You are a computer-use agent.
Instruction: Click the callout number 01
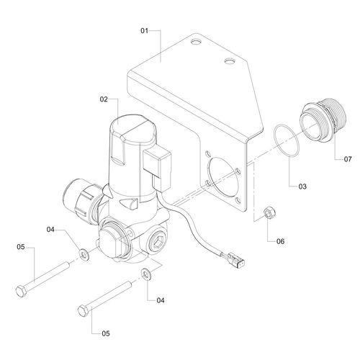[145, 31]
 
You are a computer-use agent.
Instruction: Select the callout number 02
[104, 99]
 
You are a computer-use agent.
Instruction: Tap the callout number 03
[302, 186]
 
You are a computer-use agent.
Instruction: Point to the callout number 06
[280, 241]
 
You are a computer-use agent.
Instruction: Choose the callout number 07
[348, 159]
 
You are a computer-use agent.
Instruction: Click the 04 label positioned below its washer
[161, 300]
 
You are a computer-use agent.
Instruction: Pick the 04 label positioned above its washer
[50, 230]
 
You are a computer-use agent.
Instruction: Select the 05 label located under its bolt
[106, 333]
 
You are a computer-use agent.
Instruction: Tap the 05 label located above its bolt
[21, 247]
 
